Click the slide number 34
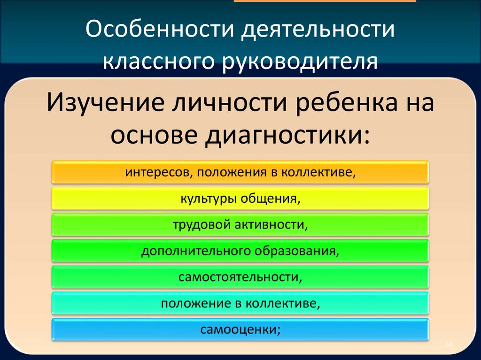point(449,345)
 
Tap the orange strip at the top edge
point(325,1)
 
